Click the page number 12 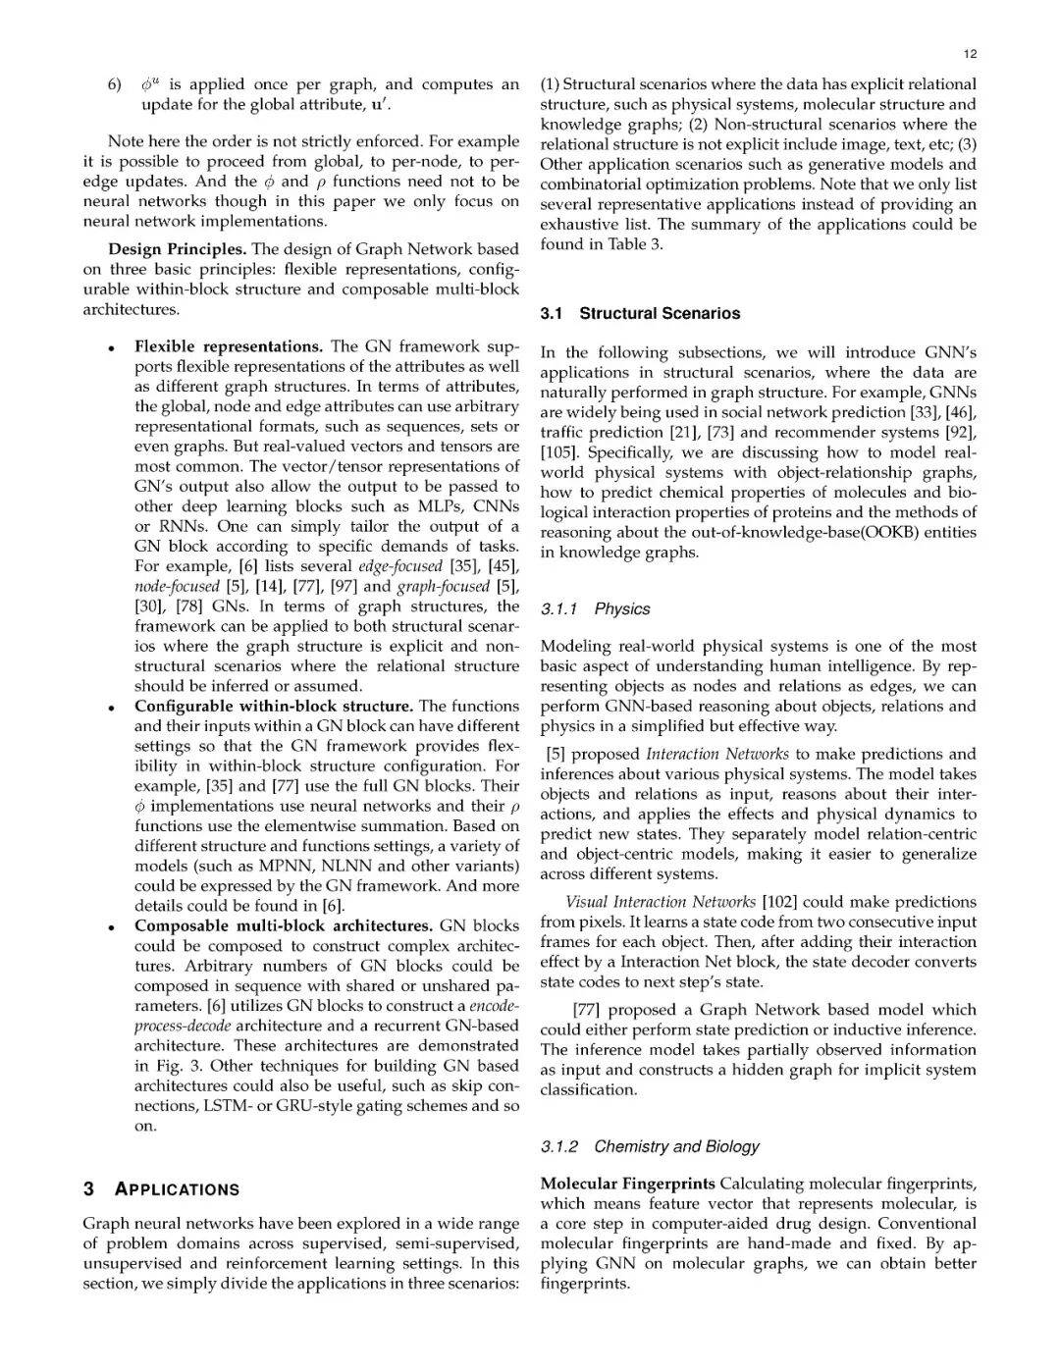coord(970,54)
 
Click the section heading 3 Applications coord(162,1189)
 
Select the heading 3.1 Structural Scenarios coord(640,314)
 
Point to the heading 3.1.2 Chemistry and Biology coord(650,1146)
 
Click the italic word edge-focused coord(400,566)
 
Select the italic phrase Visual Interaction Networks coord(661,902)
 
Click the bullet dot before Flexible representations coord(115,348)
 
